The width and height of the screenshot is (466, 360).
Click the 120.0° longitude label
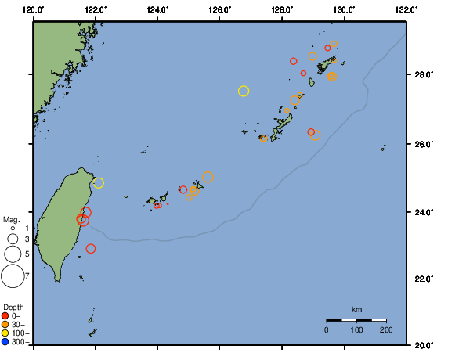[x=33, y=9]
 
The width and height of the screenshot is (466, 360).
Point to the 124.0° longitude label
[x=157, y=9]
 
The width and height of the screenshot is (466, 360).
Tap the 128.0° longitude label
[x=282, y=9]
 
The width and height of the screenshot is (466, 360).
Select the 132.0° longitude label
[x=405, y=9]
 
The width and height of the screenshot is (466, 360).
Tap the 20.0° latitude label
[x=422, y=344]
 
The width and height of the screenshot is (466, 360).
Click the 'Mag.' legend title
[x=11, y=220]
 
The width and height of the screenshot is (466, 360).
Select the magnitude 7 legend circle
[x=13, y=276]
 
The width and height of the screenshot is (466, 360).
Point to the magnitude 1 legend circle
[x=13, y=228]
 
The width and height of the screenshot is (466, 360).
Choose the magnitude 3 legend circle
[x=13, y=239]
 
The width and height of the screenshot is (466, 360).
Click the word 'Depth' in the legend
[x=13, y=306]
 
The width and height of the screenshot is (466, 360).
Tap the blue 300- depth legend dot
[x=5, y=342]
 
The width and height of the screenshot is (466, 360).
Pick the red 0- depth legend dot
[x=5, y=315]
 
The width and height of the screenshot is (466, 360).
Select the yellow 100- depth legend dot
[x=5, y=333]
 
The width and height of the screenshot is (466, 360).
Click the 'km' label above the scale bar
[x=356, y=309]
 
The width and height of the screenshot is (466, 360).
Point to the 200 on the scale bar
[x=385, y=330]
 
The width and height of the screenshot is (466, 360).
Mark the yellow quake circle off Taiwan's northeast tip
[x=98, y=183]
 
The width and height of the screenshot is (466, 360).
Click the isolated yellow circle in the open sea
[x=244, y=91]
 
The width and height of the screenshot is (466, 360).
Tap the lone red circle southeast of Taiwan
[x=91, y=249]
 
